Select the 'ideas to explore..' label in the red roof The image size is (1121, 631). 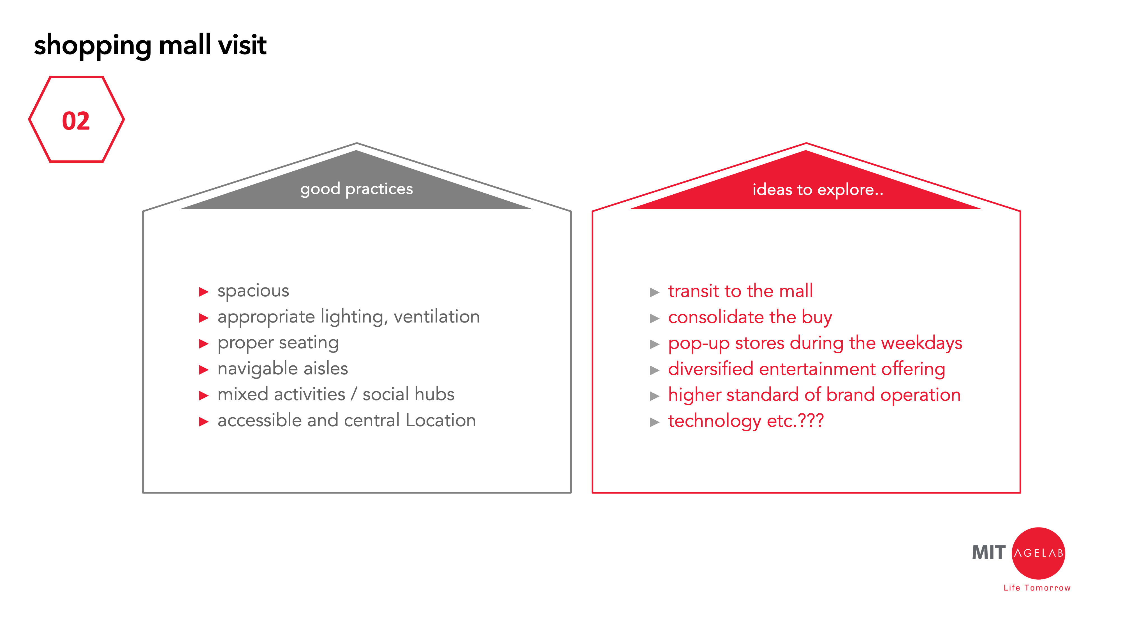pyautogui.click(x=818, y=189)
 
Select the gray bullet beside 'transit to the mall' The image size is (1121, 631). pyautogui.click(x=654, y=292)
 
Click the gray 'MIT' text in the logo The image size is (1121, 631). pyautogui.click(x=989, y=552)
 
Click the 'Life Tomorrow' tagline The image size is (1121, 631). pyautogui.click(x=1037, y=588)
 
